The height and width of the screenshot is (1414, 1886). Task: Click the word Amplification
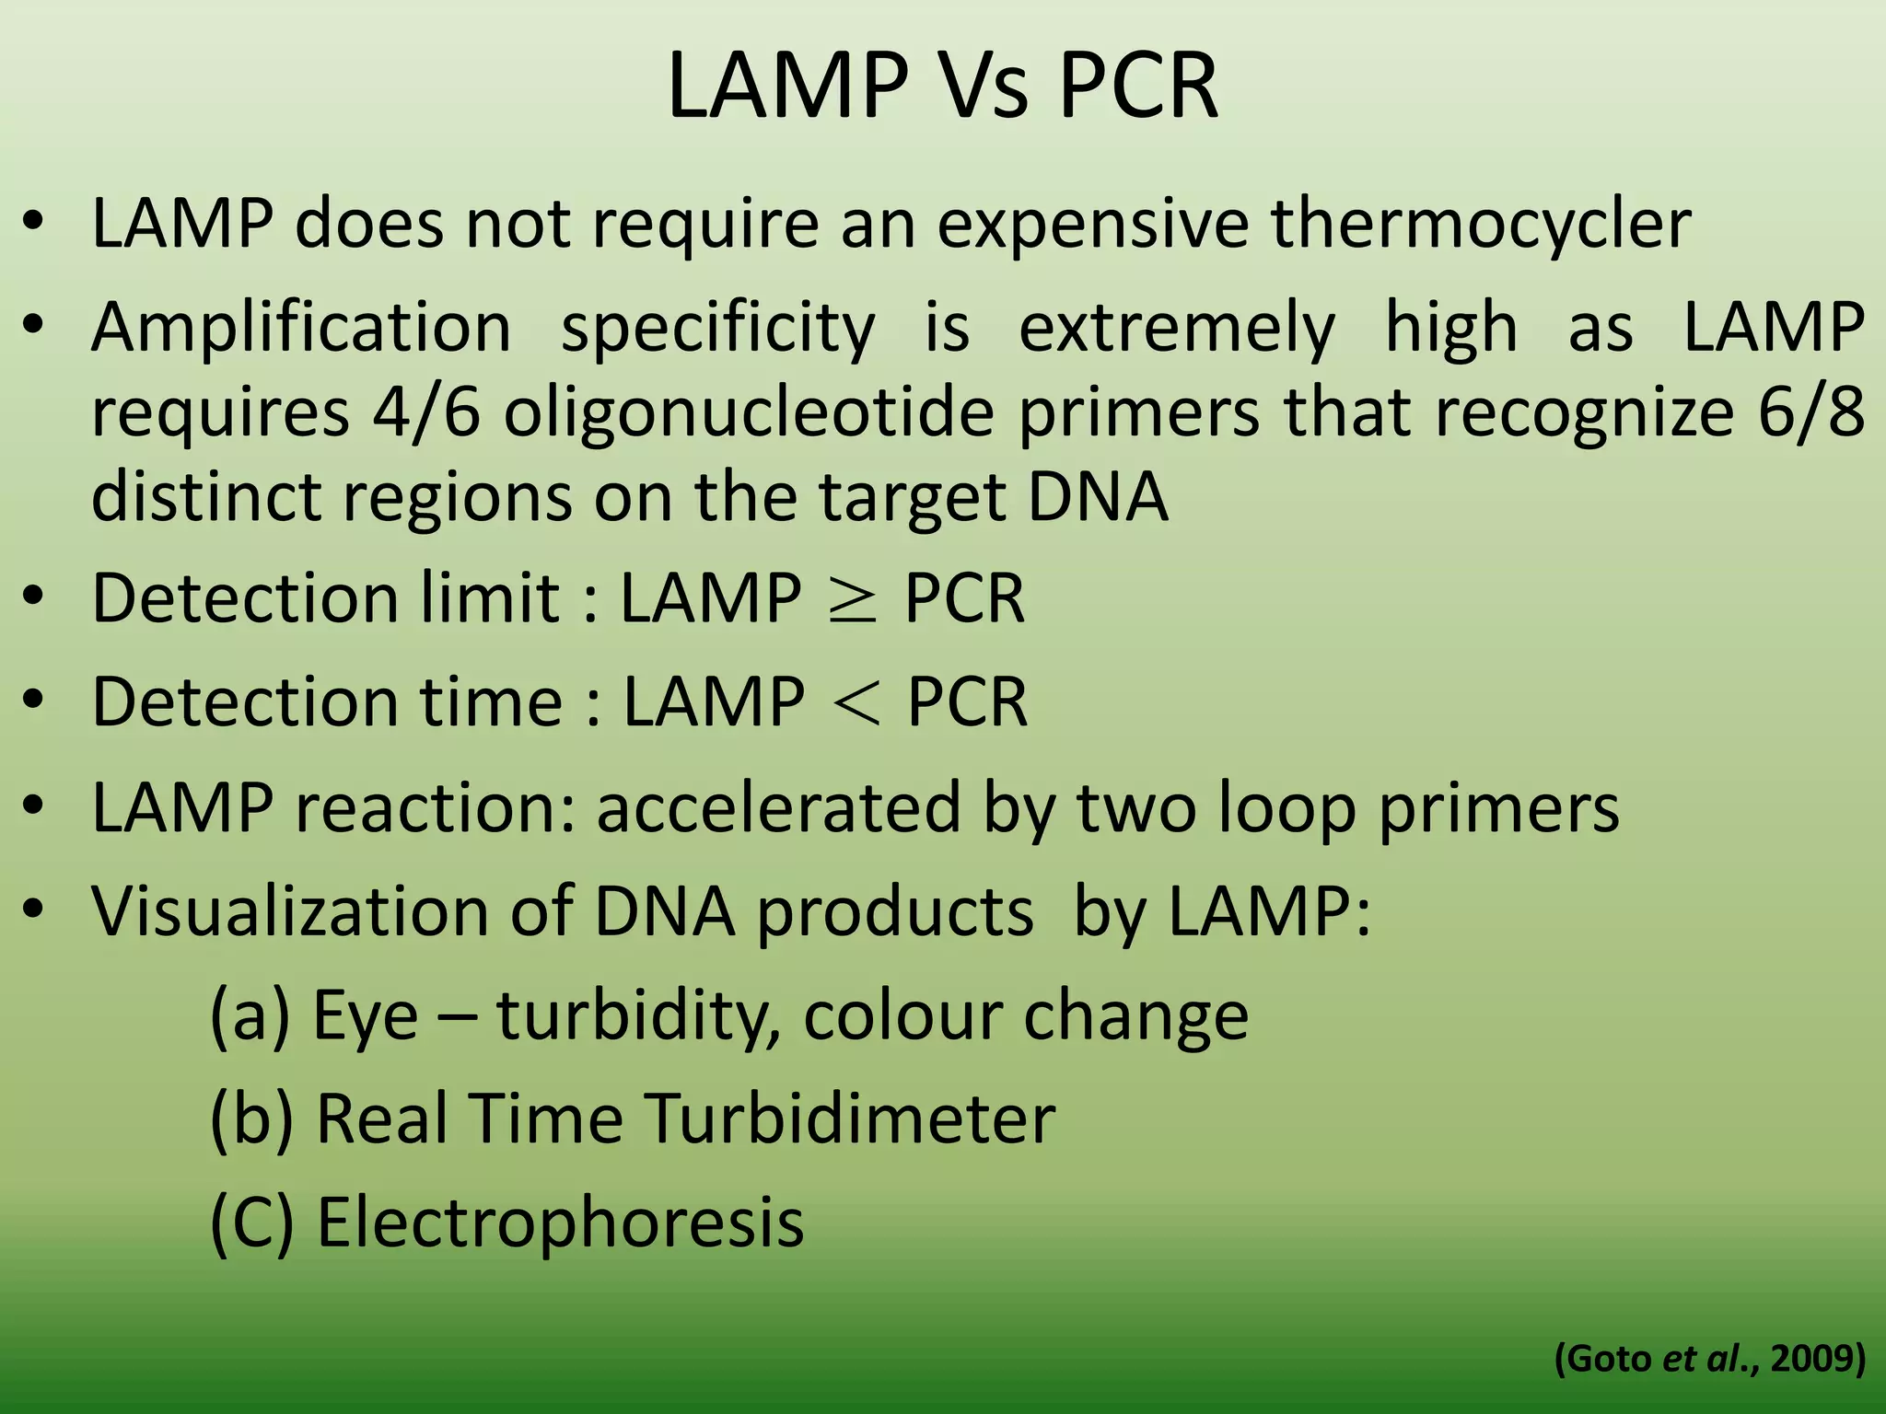[x=301, y=328]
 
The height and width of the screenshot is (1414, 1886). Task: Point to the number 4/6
[x=426, y=413]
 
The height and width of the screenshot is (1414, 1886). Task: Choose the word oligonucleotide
[x=748, y=413]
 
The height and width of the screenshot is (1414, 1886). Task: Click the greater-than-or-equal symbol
[x=853, y=600]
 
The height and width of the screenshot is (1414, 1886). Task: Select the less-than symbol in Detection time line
[x=856, y=703]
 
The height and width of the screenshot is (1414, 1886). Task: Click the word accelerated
[x=778, y=807]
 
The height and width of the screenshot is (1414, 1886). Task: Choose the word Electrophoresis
[x=560, y=1223]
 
